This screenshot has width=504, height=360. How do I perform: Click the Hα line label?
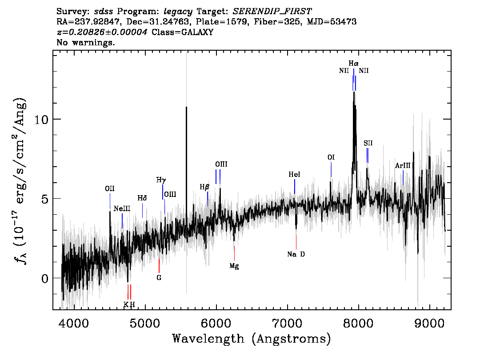[354, 63]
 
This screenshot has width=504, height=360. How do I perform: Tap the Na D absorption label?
[296, 254]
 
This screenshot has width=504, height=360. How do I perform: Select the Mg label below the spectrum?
[234, 266]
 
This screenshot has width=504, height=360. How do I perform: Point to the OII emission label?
[110, 189]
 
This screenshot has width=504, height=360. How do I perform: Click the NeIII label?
[122, 209]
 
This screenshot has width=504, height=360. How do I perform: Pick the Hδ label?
[142, 198]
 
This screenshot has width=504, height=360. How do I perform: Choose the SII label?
[368, 143]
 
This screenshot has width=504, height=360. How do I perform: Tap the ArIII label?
[403, 166]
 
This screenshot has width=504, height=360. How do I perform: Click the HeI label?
[294, 175]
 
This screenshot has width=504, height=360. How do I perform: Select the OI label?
[331, 157]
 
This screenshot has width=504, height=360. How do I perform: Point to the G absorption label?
[159, 278]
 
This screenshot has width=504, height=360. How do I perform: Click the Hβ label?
[204, 187]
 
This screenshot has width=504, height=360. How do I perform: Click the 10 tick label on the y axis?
[41, 119]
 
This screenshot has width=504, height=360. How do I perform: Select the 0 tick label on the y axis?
[45, 278]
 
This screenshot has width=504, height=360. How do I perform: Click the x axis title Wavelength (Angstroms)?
[252, 339]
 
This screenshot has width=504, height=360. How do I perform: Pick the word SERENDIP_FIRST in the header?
[272, 11]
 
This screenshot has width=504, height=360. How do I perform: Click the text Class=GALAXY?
[182, 32]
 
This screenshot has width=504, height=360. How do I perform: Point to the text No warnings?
[85, 42]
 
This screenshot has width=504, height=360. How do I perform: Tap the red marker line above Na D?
[296, 242]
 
